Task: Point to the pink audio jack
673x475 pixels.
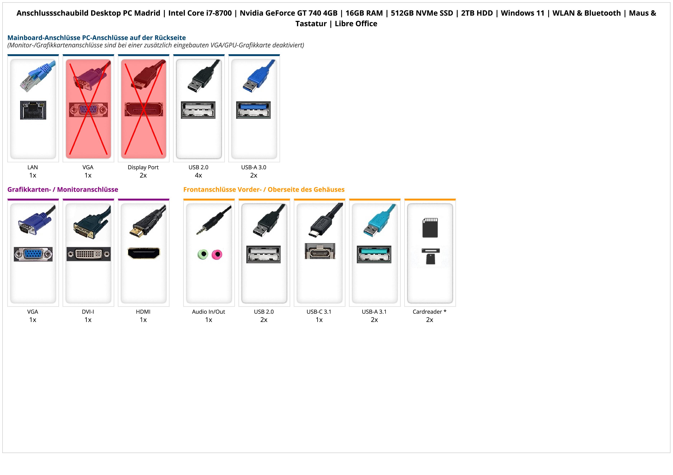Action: [x=217, y=254]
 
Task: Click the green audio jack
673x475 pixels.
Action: [x=203, y=254]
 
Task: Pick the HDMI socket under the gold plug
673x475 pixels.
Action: [x=144, y=253]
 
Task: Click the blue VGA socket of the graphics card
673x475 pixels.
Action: [x=33, y=254]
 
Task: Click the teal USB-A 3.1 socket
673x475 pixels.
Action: [x=374, y=254]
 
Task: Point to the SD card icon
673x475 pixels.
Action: [x=430, y=227]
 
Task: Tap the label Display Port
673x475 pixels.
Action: [x=143, y=167]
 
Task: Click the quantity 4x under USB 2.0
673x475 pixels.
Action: [x=198, y=175]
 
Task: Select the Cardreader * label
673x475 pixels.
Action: [x=429, y=312]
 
